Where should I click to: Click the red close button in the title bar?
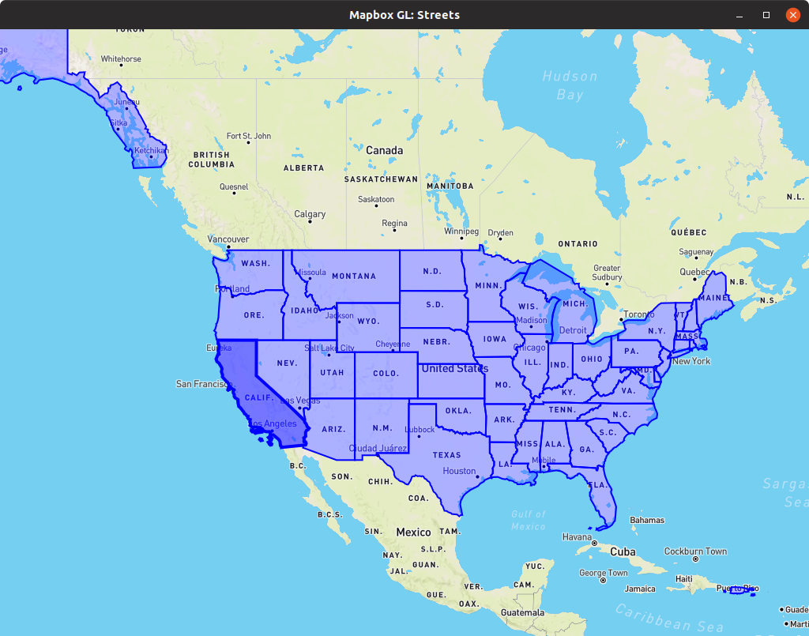[792, 15]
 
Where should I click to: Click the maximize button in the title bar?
[766, 15]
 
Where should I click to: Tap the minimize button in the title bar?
[739, 15]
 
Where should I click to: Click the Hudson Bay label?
[570, 85]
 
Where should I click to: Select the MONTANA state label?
[353, 276]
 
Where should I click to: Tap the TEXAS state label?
[446, 455]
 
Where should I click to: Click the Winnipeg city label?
[461, 232]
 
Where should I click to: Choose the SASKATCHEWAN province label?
[381, 179]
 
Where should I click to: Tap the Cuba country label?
[623, 551]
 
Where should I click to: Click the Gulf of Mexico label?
[528, 520]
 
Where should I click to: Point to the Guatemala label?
[522, 612]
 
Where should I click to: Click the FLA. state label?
[596, 484]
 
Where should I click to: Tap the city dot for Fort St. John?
[248, 142]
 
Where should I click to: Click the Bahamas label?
[646, 520]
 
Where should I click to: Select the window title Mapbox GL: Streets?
[404, 15]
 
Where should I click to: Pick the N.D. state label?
[431, 271]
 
